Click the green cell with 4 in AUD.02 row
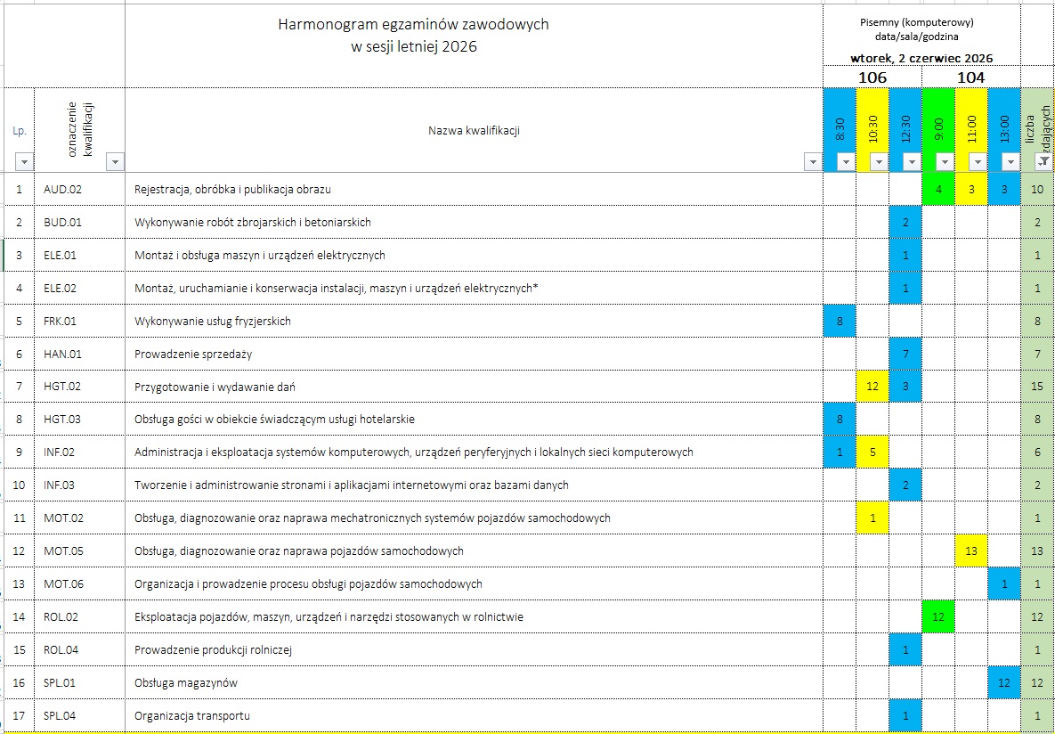(x=938, y=189)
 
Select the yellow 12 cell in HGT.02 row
(x=872, y=387)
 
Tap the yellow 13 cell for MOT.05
(x=971, y=551)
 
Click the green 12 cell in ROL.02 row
(x=938, y=616)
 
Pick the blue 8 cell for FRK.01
(x=840, y=321)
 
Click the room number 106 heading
(x=872, y=77)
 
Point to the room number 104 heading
(x=970, y=77)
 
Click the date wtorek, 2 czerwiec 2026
(x=921, y=58)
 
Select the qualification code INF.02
(x=60, y=453)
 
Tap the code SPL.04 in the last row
(x=60, y=715)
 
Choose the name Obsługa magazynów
(x=186, y=683)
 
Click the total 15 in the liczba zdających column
(x=1037, y=387)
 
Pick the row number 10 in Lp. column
(x=19, y=485)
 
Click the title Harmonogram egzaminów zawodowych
(x=413, y=24)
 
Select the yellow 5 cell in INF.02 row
(x=872, y=453)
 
